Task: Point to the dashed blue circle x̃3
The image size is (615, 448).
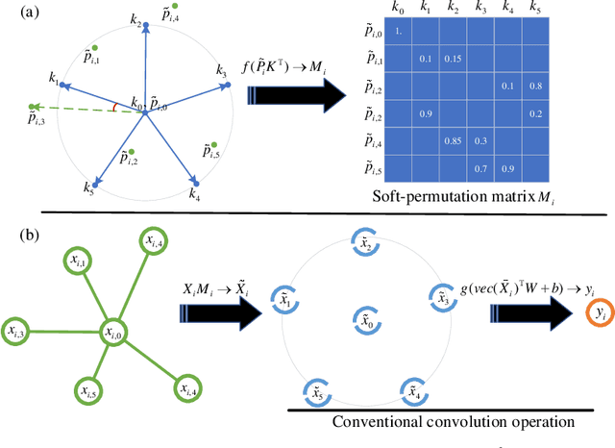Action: click(x=439, y=297)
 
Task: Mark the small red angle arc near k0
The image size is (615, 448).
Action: click(x=116, y=108)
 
